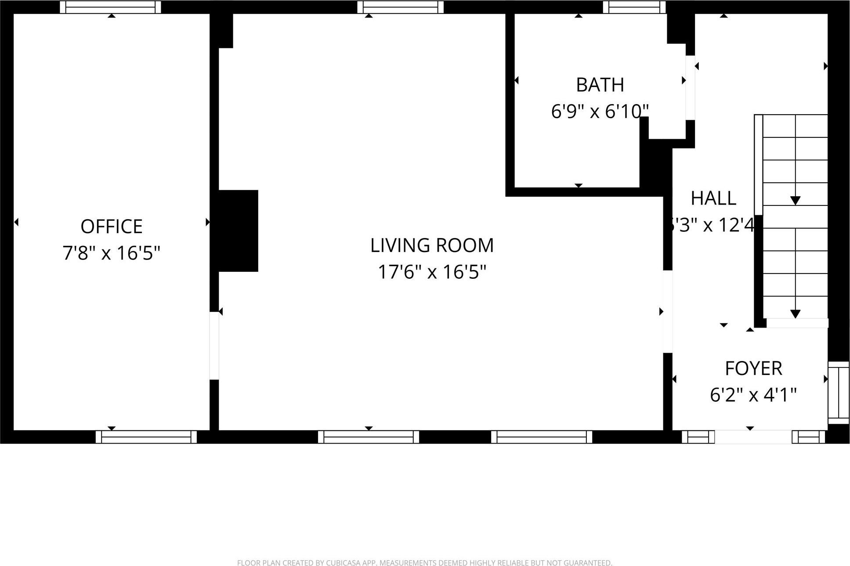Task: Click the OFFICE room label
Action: pos(111,227)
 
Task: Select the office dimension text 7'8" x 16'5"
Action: pos(111,253)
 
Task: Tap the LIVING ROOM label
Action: pos(432,245)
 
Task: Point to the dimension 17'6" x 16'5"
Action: pos(432,272)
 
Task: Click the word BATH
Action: pos(600,85)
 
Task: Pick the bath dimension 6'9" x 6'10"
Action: pos(600,112)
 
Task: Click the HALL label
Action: pos(713,198)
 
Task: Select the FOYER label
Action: pos(753,368)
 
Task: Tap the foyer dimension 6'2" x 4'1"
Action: pos(753,395)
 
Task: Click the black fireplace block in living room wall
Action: pos(238,231)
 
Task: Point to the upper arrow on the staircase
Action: pos(795,200)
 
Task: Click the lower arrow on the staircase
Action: pos(795,314)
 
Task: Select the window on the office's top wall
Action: pos(110,7)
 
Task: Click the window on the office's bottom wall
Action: pos(146,437)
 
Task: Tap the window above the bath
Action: pos(634,7)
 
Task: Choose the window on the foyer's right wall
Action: pos(839,393)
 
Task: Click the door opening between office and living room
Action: pos(214,346)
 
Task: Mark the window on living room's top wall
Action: pos(400,7)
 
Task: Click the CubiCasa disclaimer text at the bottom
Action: pos(424,562)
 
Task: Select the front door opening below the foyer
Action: pos(753,437)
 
